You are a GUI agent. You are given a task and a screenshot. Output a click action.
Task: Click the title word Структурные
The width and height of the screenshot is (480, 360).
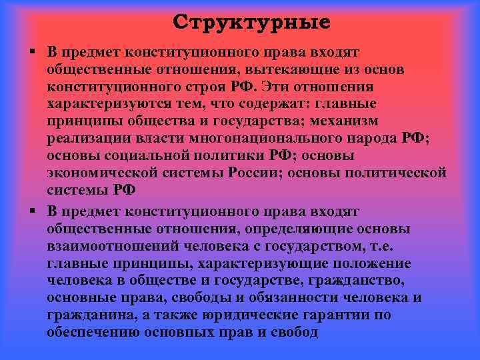(x=251, y=23)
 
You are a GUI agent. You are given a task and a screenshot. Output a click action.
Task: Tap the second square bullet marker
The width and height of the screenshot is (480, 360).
(x=31, y=211)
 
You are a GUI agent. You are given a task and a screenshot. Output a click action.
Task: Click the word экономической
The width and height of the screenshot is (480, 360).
(x=103, y=173)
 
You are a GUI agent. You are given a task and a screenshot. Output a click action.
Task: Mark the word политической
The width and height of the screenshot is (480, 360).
(x=389, y=173)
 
